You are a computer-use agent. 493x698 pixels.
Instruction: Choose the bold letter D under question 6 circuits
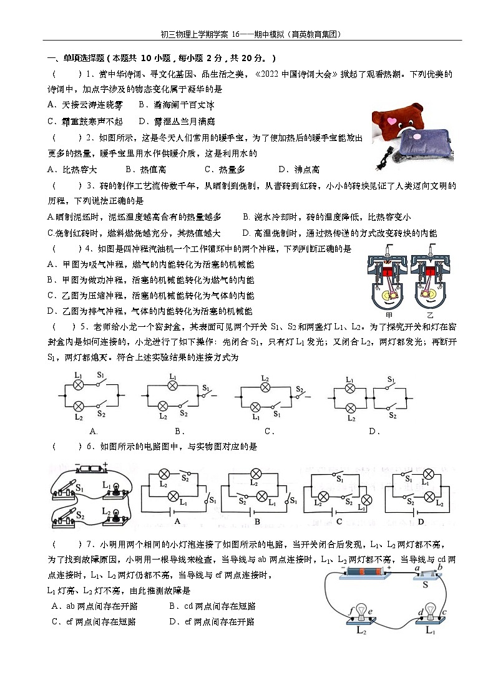coord(420,521)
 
